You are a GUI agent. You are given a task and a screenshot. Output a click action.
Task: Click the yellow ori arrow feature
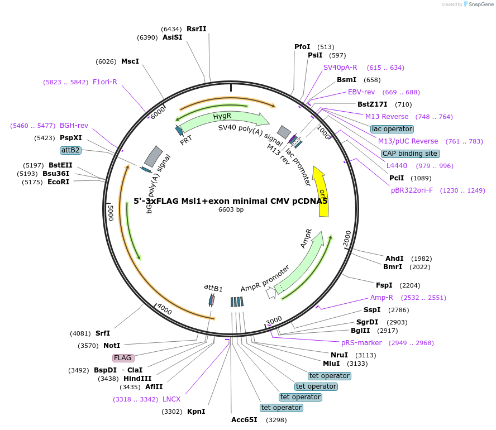pyautogui.click(x=322, y=192)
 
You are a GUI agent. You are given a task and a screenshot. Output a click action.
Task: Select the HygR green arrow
pyautogui.click(x=222, y=118)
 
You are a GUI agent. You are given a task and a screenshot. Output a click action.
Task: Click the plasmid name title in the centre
pyautogui.click(x=231, y=201)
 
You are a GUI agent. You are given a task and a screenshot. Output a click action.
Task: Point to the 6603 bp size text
pyautogui.click(x=231, y=210)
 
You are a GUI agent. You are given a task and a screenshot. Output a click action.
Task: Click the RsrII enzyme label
pyautogui.click(x=196, y=29)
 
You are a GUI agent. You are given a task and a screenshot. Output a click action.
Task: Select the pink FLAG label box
pyautogui.click(x=123, y=357)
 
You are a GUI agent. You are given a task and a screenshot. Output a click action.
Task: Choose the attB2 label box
pyautogui.click(x=71, y=150)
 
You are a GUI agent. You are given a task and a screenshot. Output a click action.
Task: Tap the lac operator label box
pyautogui.click(x=392, y=129)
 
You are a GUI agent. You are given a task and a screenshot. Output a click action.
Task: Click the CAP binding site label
pyautogui.click(x=410, y=154)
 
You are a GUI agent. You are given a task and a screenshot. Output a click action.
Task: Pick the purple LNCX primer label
pyautogui.click(x=171, y=399)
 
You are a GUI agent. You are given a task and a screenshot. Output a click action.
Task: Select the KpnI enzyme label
pyautogui.click(x=196, y=412)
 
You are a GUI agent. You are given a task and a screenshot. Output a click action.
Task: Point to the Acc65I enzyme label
pyautogui.click(x=244, y=420)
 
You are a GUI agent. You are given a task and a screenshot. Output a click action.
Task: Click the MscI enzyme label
pyautogui.click(x=130, y=61)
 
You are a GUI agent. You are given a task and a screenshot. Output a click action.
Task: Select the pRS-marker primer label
pyautogui.click(x=361, y=343)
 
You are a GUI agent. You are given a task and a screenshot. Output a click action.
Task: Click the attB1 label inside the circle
pyautogui.click(x=213, y=288)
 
